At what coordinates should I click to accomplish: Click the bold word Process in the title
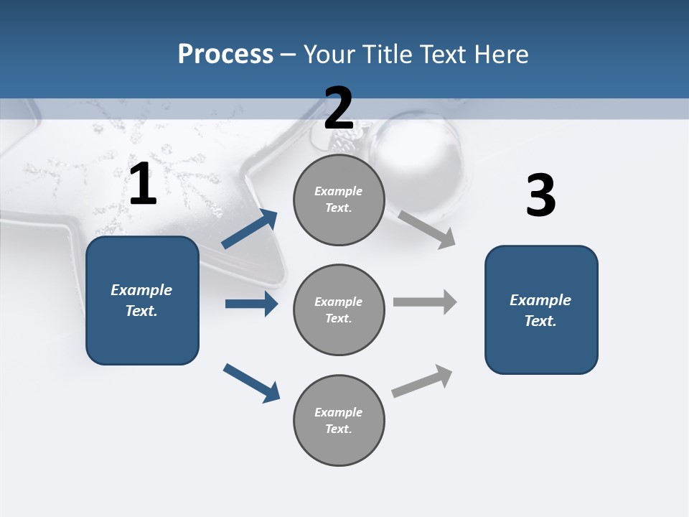225,55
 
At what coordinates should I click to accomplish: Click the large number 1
143,185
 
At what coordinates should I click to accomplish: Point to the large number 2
339,108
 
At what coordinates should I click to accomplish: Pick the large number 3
540,196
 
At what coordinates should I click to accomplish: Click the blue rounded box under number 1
142,300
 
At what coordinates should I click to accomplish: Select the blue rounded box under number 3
541,310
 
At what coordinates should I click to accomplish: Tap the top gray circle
339,200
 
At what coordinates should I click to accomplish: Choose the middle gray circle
339,310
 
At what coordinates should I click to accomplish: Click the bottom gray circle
339,421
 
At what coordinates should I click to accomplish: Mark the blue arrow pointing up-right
250,229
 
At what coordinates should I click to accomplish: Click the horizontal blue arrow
251,304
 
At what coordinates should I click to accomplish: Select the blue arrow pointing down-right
251,383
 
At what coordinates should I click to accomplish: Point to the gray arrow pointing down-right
427,229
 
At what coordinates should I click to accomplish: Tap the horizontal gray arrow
425,302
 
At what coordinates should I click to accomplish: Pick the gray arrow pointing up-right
422,381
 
